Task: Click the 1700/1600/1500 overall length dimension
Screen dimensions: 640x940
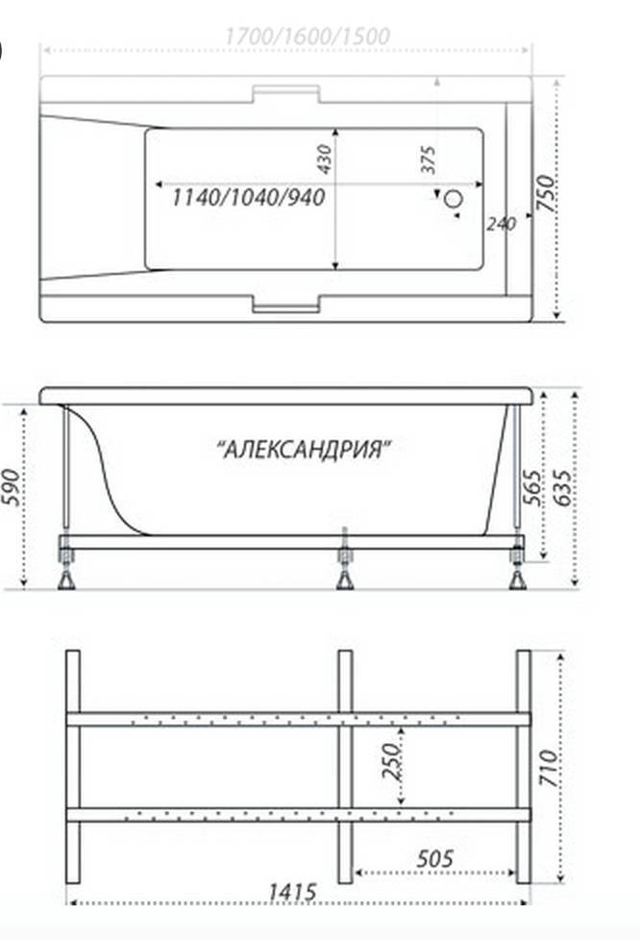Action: (308, 37)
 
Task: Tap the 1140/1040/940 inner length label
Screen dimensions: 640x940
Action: (249, 197)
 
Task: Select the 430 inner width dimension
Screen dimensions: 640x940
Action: (324, 159)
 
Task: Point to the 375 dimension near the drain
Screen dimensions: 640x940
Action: (429, 161)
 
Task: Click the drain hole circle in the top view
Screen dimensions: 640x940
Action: (455, 198)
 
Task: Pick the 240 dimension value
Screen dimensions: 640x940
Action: (501, 224)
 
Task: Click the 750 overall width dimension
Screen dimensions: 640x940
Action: (545, 192)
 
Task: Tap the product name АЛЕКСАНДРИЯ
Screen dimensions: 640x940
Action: (305, 449)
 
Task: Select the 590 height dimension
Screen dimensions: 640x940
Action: (12, 486)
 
